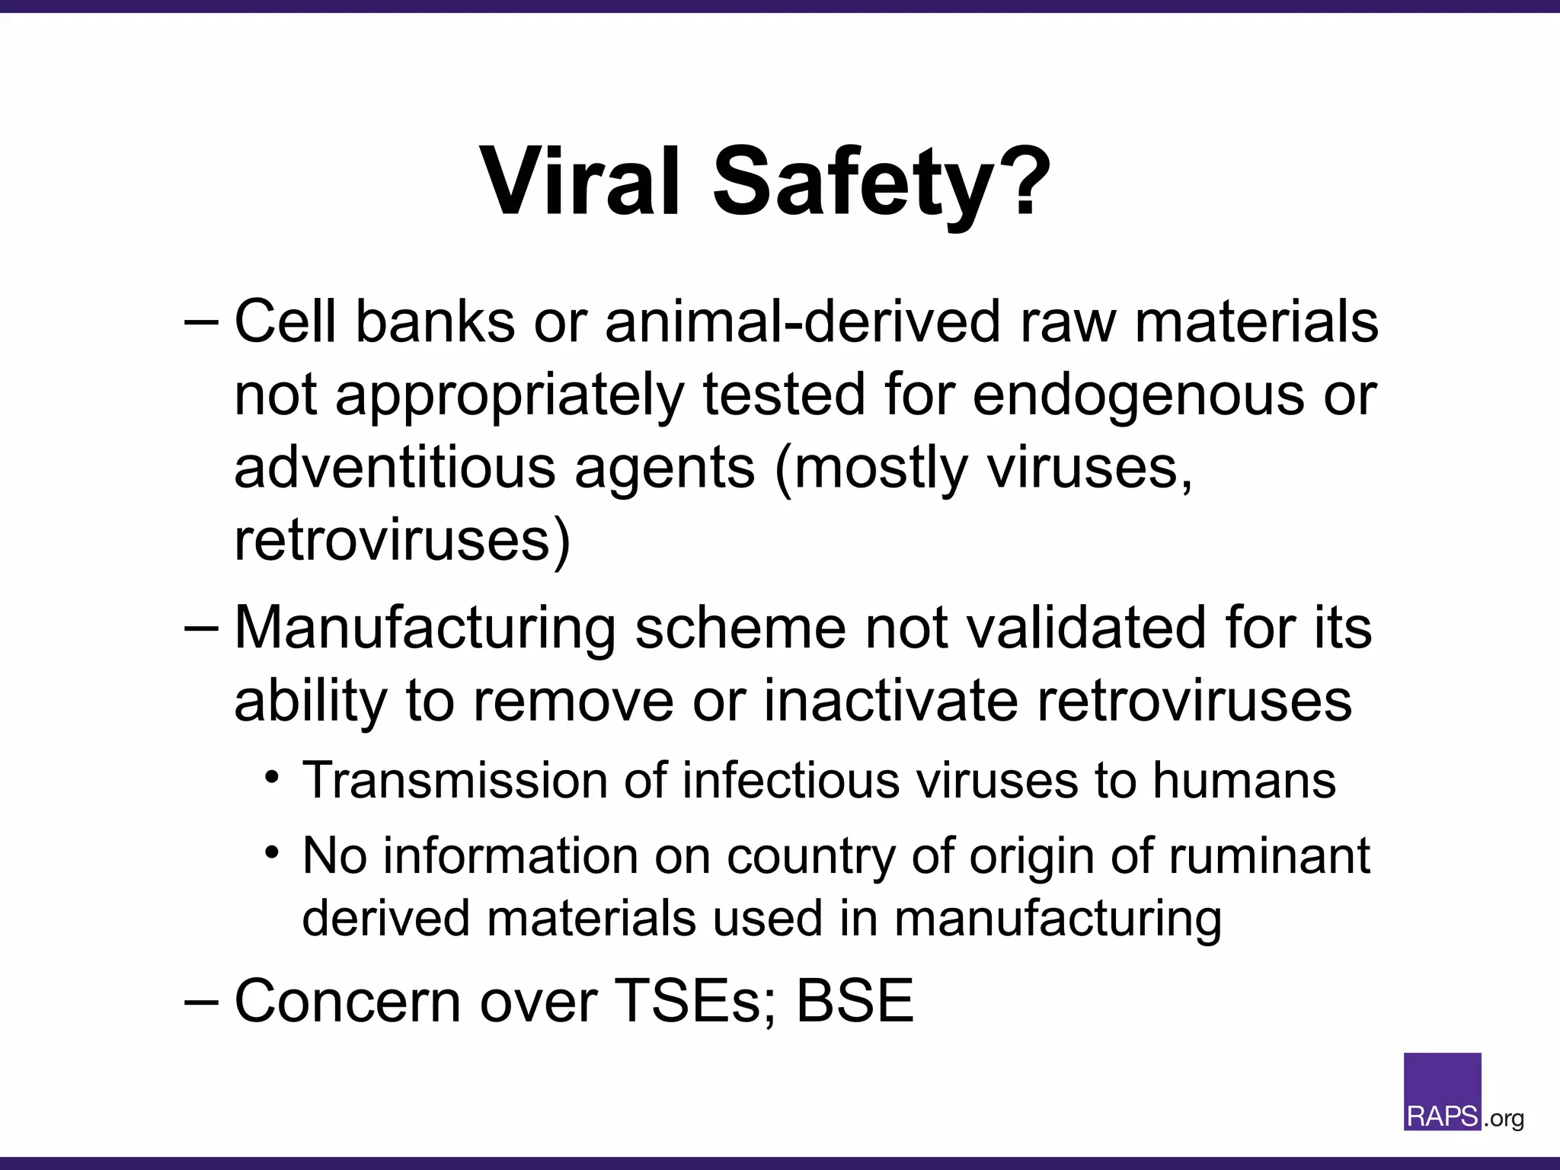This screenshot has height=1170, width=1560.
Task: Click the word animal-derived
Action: tap(802, 321)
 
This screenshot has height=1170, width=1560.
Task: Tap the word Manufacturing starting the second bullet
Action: tap(425, 628)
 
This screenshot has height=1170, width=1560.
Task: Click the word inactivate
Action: tap(890, 701)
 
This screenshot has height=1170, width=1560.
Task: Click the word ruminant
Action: tap(1269, 856)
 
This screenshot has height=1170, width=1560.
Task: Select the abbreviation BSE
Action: tap(855, 1001)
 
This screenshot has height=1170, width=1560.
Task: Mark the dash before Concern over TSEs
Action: tap(201, 1000)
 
